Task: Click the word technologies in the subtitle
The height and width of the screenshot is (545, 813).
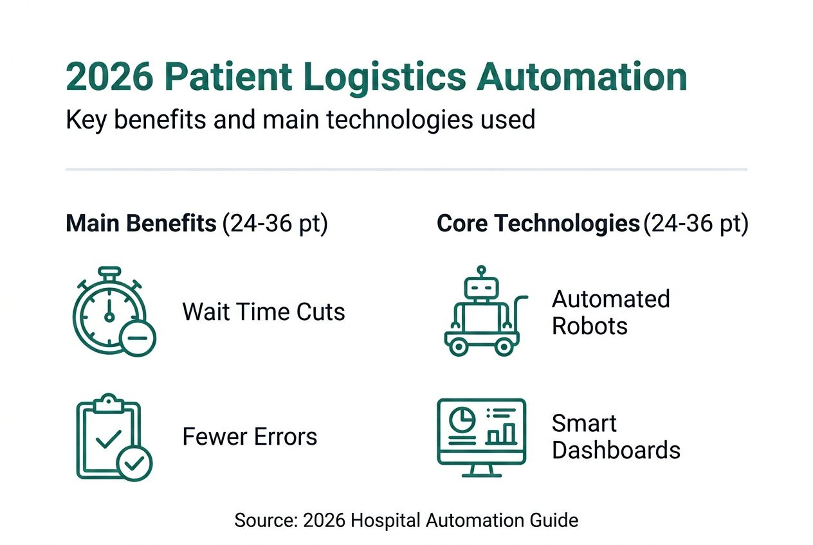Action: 405,120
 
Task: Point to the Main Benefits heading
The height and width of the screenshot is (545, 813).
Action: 141,224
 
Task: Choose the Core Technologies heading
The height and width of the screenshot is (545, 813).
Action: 538,224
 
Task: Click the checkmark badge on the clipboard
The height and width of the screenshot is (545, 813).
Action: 135,463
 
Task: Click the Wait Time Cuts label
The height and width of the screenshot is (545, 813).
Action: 264,312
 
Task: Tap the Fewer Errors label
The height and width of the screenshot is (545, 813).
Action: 250,437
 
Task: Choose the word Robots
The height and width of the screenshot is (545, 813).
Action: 589,326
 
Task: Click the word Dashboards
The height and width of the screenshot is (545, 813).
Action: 616,450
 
